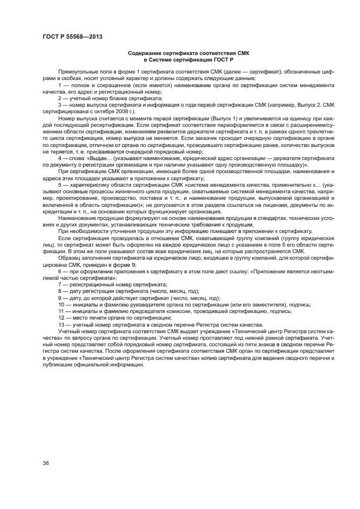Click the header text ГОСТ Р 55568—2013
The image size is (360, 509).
72,37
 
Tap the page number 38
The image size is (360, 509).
46,463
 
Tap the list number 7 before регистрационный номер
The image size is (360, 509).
59,285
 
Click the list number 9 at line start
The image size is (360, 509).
59,297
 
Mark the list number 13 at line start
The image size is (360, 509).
60,324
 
